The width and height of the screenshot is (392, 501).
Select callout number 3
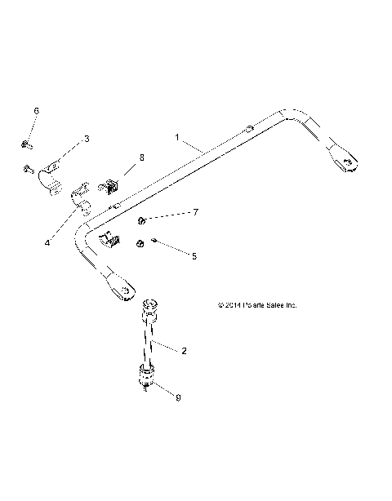click(87, 140)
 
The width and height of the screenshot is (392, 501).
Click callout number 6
click(35, 109)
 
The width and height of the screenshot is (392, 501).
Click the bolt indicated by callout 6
click(27, 145)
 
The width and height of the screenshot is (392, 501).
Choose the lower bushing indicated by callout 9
click(146, 378)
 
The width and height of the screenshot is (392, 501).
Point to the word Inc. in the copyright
click(289, 305)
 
